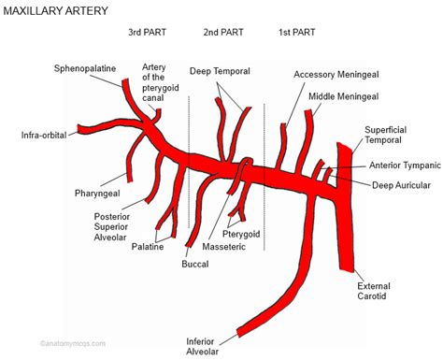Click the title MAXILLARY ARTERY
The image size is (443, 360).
click(x=59, y=11)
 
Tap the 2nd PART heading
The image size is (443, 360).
click(x=222, y=33)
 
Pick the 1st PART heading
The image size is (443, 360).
click(x=297, y=33)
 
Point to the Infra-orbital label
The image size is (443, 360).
click(x=45, y=135)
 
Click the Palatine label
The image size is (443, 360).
click(x=148, y=247)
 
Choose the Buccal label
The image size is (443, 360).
click(x=194, y=265)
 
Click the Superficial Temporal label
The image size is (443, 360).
click(x=391, y=136)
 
